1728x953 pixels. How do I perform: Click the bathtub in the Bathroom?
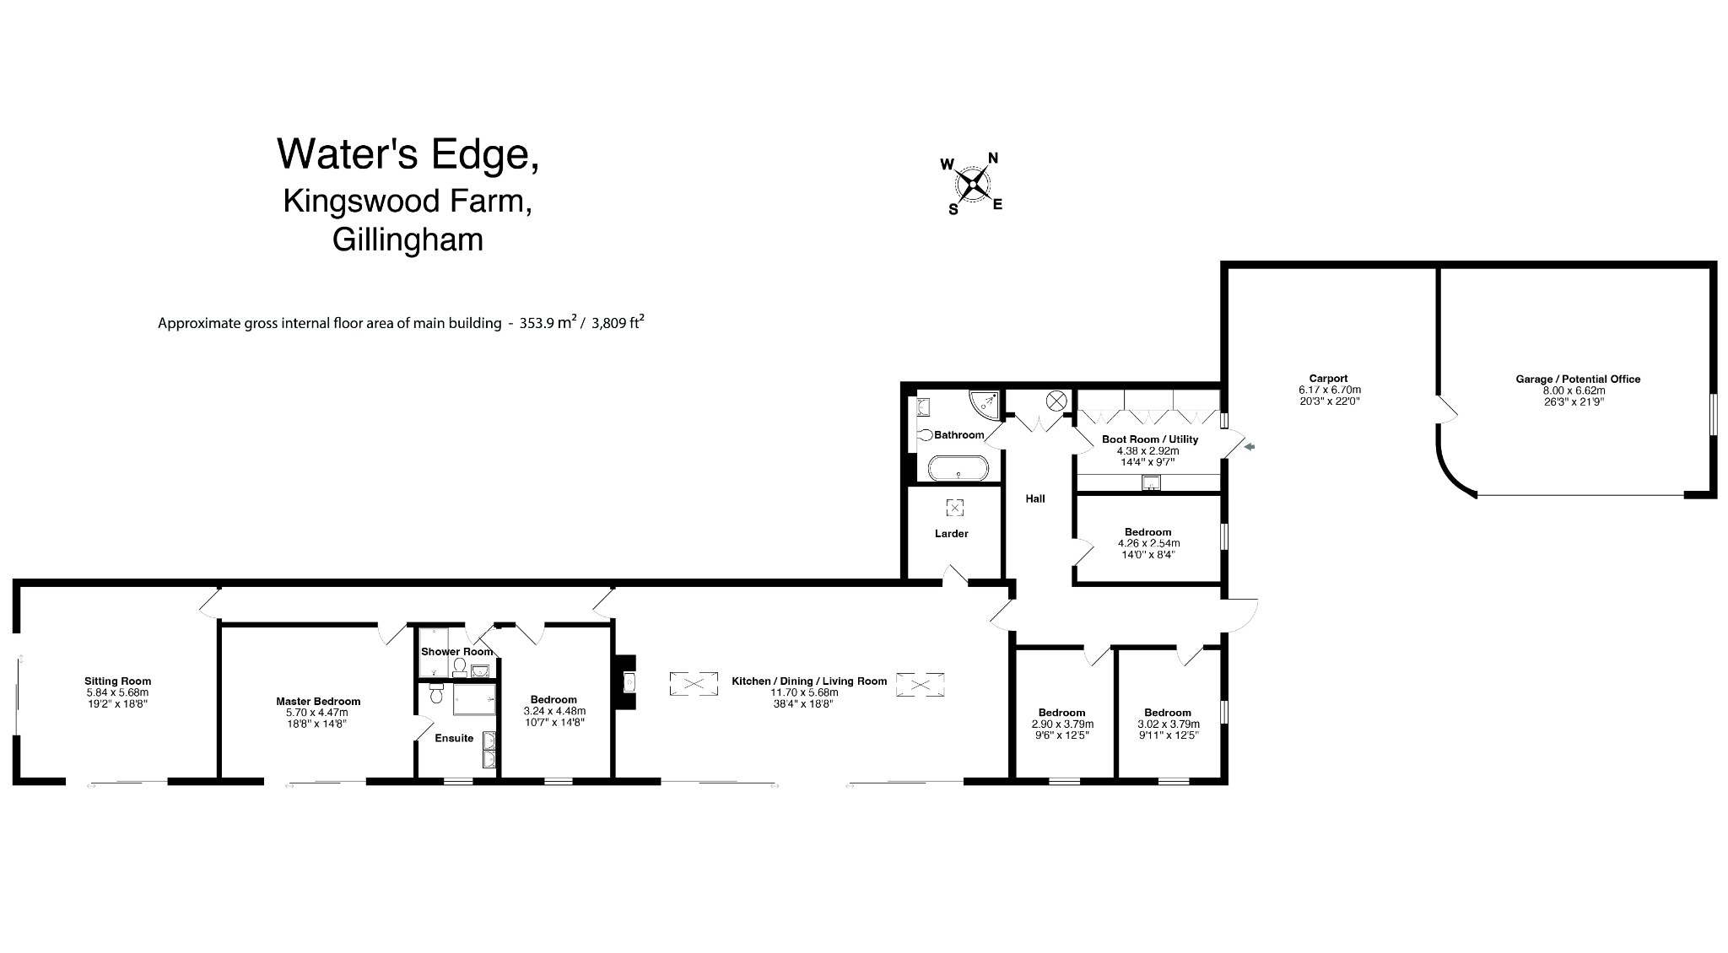tap(958, 467)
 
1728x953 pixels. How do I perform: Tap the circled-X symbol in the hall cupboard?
tap(1056, 401)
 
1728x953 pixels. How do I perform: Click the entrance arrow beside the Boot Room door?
tap(1250, 447)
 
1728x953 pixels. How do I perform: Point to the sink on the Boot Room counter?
tap(1151, 483)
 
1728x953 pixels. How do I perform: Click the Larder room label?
tap(951, 534)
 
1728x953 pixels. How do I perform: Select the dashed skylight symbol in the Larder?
tap(954, 507)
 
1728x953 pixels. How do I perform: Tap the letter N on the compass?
tap(993, 158)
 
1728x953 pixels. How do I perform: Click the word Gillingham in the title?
tap(408, 240)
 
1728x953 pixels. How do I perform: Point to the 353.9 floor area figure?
tap(543, 323)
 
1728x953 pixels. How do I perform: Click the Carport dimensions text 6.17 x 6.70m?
tap(1329, 390)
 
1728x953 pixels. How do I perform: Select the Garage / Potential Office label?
tap(1578, 380)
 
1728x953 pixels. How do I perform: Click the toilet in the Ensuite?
tap(436, 693)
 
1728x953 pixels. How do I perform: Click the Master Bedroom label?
tap(318, 702)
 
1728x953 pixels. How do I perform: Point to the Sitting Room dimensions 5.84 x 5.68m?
tap(117, 692)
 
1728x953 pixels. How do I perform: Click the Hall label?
tap(1034, 498)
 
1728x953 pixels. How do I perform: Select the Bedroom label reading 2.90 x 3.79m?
tap(1061, 724)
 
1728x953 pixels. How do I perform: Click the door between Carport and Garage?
tap(1446, 410)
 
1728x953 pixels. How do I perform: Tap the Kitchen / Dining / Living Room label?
tap(808, 681)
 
